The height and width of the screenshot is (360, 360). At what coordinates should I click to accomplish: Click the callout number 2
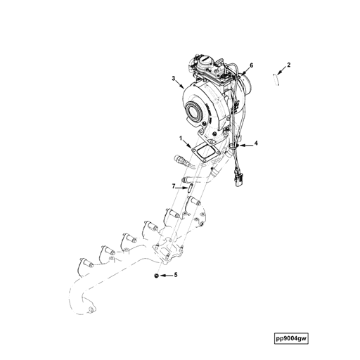pyautogui.click(x=289, y=65)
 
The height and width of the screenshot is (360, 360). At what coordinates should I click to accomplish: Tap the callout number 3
pyautogui.click(x=174, y=79)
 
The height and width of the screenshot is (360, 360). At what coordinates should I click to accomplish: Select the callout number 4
pyautogui.click(x=256, y=143)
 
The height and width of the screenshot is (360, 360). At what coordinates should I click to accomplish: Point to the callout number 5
pyautogui.click(x=176, y=275)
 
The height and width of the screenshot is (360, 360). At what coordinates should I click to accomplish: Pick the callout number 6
pyautogui.click(x=251, y=65)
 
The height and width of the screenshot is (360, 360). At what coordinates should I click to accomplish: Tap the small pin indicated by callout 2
pyautogui.click(x=276, y=79)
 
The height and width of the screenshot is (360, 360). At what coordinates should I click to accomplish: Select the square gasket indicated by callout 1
pyautogui.click(x=207, y=152)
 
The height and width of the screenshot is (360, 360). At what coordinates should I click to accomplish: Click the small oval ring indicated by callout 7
pyautogui.click(x=188, y=186)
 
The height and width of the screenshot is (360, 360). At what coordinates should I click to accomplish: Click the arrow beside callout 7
pyautogui.click(x=181, y=186)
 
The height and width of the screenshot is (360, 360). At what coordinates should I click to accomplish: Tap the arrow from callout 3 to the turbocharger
pyautogui.click(x=180, y=84)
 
